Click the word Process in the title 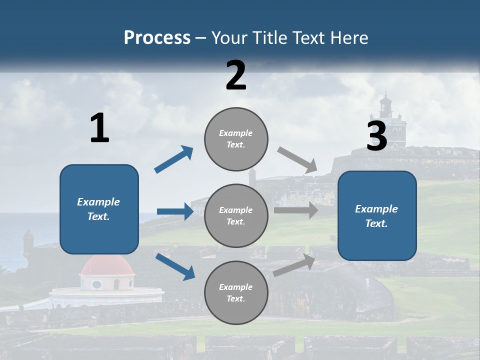(157, 38)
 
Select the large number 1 (99, 128)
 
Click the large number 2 (236, 75)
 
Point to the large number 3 (377, 136)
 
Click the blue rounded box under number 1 (99, 209)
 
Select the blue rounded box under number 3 (377, 215)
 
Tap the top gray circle (236, 139)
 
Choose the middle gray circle (236, 215)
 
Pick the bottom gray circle (236, 292)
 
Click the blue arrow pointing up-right (174, 159)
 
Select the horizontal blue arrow (175, 211)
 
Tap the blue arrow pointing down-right (175, 266)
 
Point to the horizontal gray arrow (296, 210)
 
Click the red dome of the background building (107, 266)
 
